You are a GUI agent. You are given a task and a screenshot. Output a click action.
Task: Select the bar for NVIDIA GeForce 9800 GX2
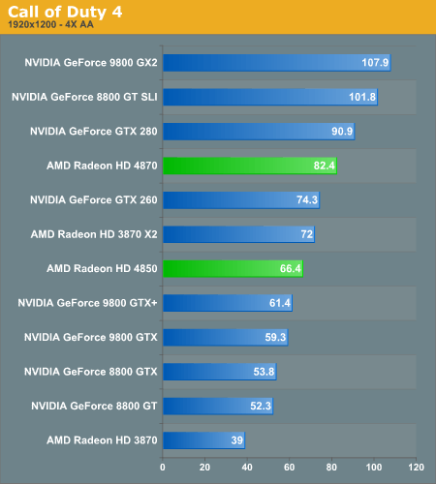point(276,63)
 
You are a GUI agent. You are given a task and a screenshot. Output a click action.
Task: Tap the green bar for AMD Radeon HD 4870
point(249,166)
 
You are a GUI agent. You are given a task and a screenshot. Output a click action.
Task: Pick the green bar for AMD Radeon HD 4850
point(233,268)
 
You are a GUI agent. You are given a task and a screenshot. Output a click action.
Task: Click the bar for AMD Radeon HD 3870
point(203,440)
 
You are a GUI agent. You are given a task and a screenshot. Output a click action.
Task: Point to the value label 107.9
point(374,63)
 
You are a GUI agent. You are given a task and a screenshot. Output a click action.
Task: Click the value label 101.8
point(361,97)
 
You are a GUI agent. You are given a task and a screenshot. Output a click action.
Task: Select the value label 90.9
point(341,132)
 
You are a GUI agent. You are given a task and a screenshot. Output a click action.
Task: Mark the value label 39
point(235,440)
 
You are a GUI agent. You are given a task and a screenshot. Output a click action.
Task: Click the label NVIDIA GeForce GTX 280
point(93,131)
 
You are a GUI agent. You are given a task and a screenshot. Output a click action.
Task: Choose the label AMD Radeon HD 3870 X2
point(93,234)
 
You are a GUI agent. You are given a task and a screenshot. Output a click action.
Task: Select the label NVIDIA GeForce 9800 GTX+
point(87,303)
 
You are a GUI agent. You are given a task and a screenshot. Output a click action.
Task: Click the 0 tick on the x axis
point(163,467)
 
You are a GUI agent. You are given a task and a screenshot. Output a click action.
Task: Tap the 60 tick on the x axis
point(290,467)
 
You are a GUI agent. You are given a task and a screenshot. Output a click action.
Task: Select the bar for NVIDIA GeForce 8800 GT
point(218,406)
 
